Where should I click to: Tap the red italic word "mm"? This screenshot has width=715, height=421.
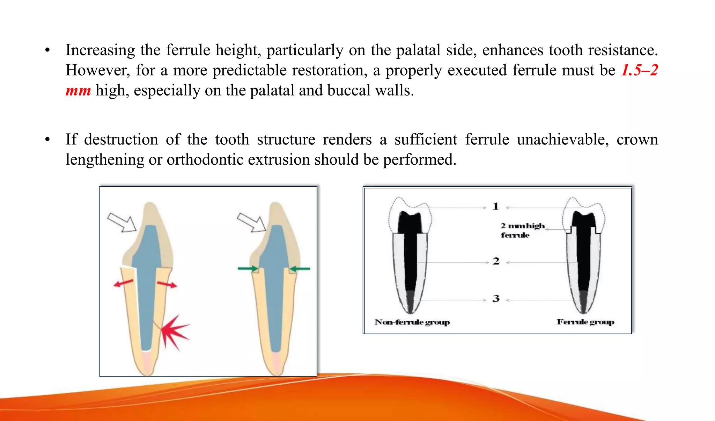click(78, 91)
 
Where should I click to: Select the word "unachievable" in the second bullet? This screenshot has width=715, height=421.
click(563, 140)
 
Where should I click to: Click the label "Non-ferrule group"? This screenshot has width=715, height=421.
click(412, 322)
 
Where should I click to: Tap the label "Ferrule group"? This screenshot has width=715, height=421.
click(585, 322)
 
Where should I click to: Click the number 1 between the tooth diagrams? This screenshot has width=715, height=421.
click(495, 206)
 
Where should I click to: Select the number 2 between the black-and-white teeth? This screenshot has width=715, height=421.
click(496, 261)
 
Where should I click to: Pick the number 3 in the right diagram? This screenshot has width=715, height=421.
click(496, 299)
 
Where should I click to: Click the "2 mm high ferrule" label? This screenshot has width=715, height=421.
click(522, 230)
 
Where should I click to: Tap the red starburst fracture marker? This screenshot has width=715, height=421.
click(175, 332)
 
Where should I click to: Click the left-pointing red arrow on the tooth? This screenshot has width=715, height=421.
click(123, 283)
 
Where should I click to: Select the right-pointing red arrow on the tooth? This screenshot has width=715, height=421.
click(167, 285)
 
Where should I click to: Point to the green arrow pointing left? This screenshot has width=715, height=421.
click(300, 269)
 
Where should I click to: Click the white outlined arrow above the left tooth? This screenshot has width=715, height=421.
click(122, 222)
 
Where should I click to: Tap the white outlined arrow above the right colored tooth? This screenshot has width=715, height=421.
click(251, 222)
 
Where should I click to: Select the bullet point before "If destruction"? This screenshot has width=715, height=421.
click(47, 140)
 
